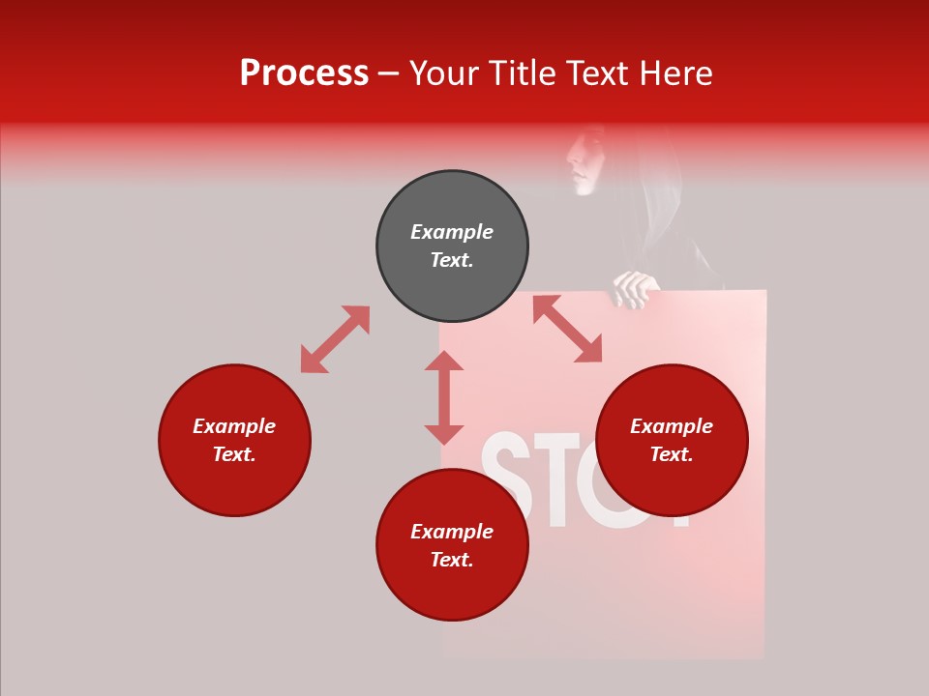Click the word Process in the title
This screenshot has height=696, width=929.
[304, 73]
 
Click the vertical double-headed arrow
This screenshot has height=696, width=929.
[444, 397]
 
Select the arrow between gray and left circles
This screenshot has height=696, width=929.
[335, 339]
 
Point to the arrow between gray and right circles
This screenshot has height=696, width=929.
[567, 329]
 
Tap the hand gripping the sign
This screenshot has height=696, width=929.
[636, 288]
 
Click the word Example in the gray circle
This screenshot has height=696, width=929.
[452, 232]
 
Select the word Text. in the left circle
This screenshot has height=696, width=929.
[234, 454]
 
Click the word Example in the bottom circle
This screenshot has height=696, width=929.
[452, 532]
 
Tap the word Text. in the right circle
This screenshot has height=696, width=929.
[672, 454]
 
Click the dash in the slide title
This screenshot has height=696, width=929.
[388, 74]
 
